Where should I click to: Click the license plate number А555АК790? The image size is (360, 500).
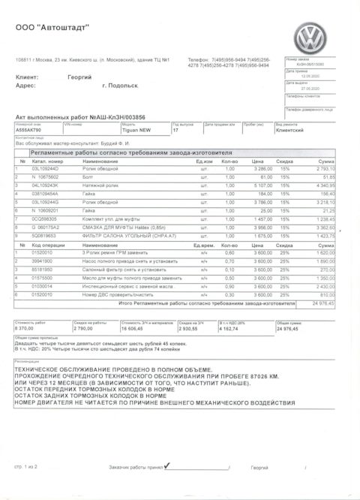[29, 130]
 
